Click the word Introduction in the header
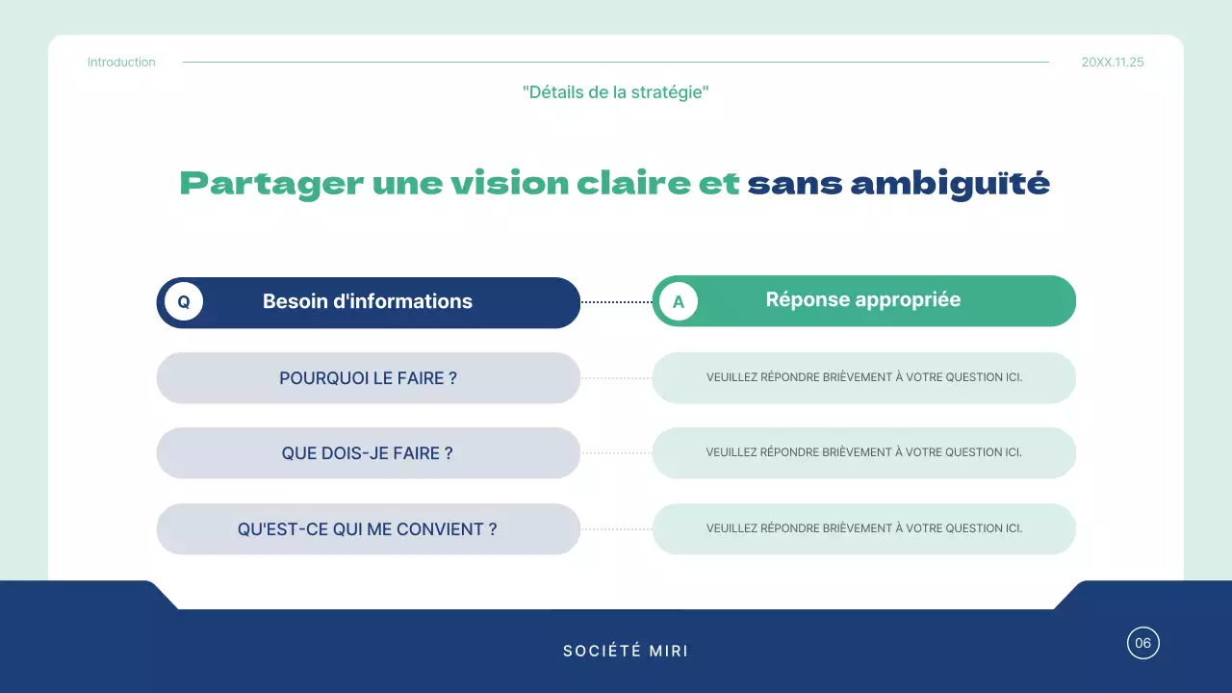point(121,63)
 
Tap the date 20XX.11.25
point(1113,63)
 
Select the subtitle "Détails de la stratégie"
point(616,92)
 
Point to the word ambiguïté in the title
point(950,183)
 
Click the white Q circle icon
point(184,302)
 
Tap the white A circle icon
point(679,302)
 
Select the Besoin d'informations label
point(368,302)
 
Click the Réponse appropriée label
point(863,300)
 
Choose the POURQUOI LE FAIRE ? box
point(368,378)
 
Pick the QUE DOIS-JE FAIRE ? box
point(368,453)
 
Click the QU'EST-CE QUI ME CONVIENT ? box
point(368,529)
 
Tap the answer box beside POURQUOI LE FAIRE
point(863,377)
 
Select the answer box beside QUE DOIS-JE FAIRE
point(863,452)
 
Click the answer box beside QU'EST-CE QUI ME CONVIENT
point(863,528)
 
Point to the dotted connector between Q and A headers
point(616,302)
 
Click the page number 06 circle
point(1142,643)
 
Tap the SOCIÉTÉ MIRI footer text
point(626,652)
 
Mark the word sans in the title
point(794,183)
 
